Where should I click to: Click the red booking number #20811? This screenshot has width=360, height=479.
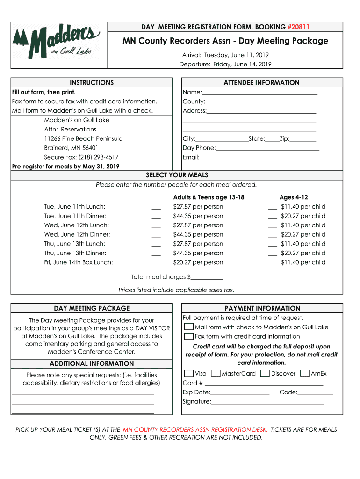point(298,27)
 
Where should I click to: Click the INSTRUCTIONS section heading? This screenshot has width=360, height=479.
point(92,83)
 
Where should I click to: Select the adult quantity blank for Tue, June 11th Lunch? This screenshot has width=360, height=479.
point(156,207)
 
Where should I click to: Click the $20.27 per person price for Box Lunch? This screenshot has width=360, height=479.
point(198,262)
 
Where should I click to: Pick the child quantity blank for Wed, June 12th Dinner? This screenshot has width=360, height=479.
point(273,235)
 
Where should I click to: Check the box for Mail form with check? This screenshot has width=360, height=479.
point(189,327)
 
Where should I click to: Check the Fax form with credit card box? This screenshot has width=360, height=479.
point(189,336)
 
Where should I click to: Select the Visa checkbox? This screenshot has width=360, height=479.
point(189,373)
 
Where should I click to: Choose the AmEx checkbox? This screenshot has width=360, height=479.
point(305,373)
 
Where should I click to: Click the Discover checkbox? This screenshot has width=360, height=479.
point(265,373)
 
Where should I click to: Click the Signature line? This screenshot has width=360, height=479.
point(267,402)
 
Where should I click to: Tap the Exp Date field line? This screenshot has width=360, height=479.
point(240,392)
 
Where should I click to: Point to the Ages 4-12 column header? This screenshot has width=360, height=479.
point(294,197)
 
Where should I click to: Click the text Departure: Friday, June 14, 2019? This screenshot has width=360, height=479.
point(225,65)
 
